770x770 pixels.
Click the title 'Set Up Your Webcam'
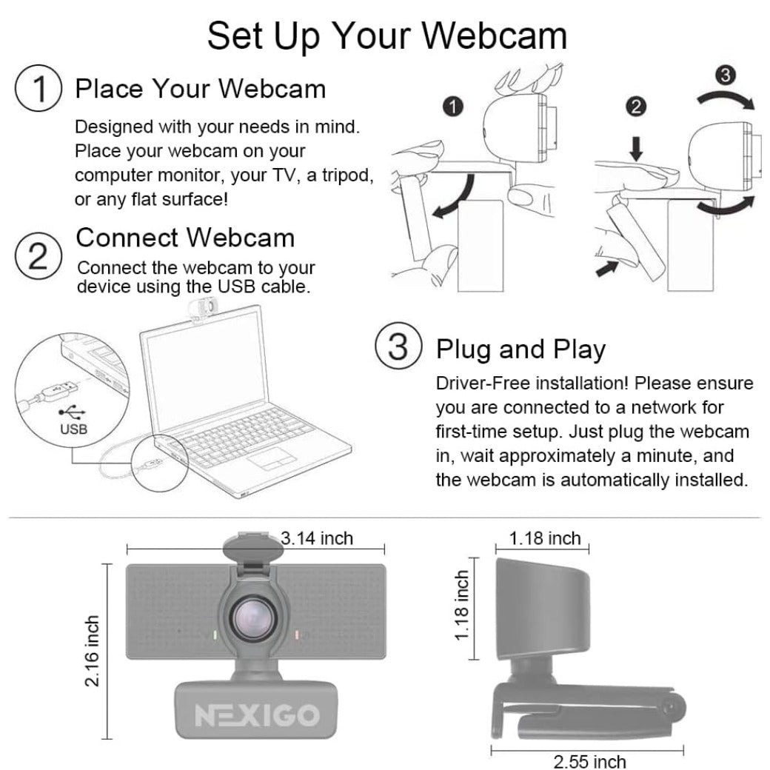(386, 35)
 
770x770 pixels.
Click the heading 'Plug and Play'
(520, 349)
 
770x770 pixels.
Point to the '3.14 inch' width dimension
(317, 538)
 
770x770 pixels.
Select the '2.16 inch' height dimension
(93, 651)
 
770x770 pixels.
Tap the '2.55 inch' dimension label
(589, 760)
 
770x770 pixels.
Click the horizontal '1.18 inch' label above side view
(545, 538)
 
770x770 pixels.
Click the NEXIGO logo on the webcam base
(256, 714)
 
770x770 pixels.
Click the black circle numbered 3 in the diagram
(726, 74)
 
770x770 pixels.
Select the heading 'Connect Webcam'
(185, 238)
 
